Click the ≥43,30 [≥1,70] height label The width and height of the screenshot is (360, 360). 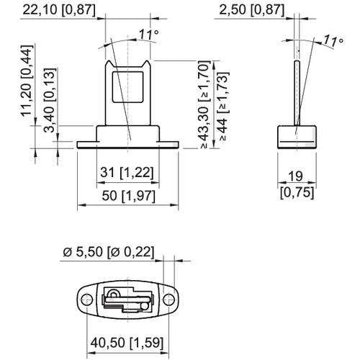coord(204,104)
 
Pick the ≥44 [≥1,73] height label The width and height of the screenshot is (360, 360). coord(223,106)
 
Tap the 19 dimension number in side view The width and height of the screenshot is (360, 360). coord(295,176)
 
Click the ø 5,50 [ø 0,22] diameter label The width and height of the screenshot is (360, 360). coord(108,252)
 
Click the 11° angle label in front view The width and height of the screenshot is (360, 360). coord(149,35)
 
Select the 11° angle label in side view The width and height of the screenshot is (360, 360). coord(333,40)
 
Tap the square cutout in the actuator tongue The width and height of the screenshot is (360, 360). coord(128,87)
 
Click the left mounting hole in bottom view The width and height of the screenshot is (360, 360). coord(87,300)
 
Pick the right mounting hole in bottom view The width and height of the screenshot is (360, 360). coord(169,300)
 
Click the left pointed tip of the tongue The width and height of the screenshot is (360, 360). coord(109,61)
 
